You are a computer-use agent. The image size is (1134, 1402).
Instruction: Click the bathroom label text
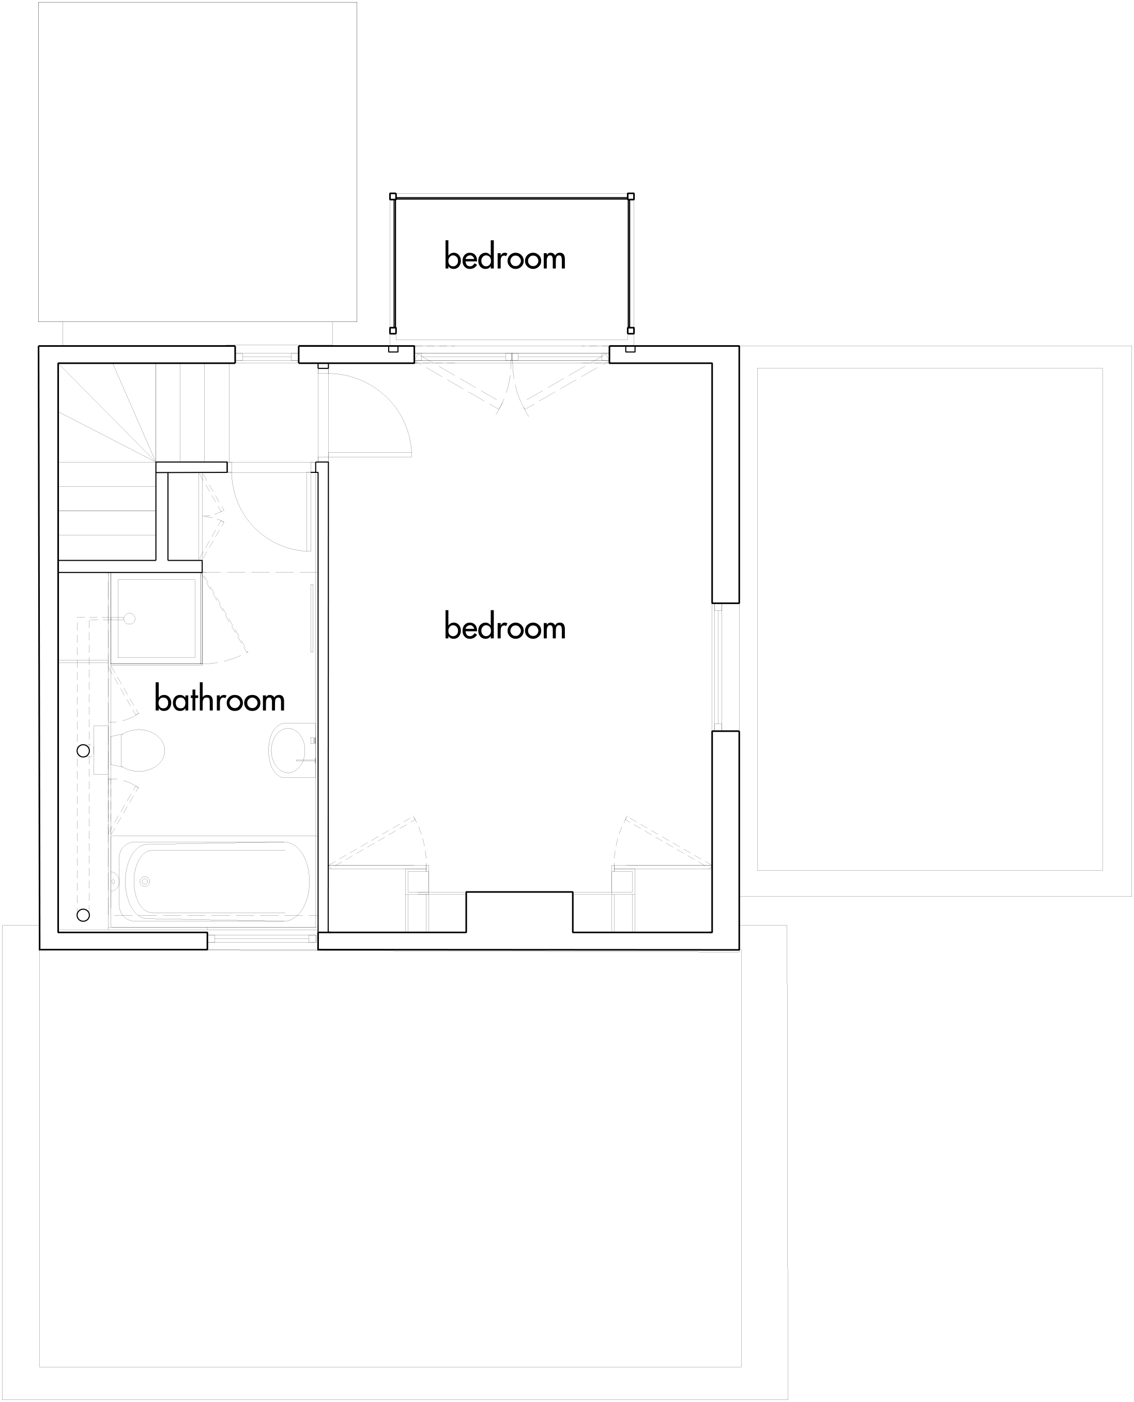[x=220, y=699]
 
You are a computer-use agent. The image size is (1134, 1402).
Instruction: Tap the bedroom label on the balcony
[x=505, y=257]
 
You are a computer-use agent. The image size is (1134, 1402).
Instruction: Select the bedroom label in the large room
[x=505, y=627]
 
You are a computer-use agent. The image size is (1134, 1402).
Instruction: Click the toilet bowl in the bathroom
[x=136, y=750]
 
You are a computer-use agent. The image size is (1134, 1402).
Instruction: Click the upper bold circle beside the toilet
[x=83, y=751]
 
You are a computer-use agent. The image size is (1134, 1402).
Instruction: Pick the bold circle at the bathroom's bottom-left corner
[x=83, y=915]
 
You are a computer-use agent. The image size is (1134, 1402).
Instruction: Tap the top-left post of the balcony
[x=393, y=196]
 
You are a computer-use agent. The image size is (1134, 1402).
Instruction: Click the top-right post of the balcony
[x=631, y=196]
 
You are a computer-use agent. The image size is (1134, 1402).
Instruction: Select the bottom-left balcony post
[x=393, y=330]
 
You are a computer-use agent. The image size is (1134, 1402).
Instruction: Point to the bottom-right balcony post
[x=631, y=330]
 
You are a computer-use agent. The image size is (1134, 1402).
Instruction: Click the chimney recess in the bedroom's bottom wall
[x=519, y=912]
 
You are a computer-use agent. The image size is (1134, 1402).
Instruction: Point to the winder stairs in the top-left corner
[x=108, y=461]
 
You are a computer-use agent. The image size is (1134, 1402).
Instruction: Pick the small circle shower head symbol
[x=129, y=619]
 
